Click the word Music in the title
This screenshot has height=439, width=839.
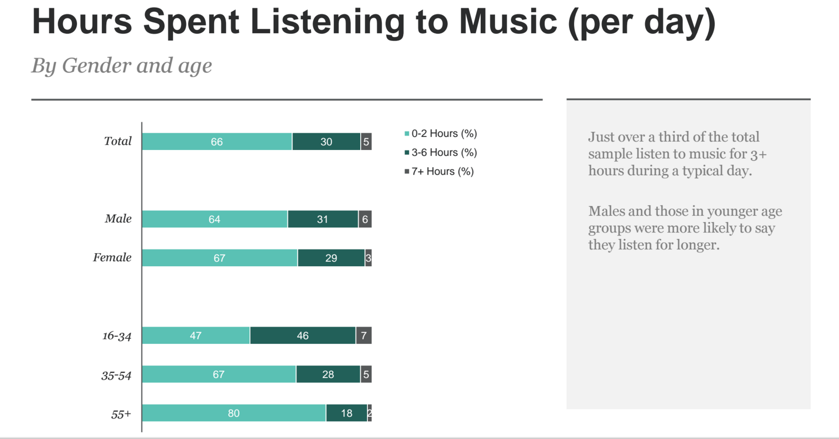tap(508, 22)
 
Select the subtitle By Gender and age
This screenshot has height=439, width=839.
tap(122, 66)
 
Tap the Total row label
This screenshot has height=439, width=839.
tap(118, 141)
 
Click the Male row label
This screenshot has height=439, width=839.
tap(118, 219)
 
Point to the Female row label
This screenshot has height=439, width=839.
tap(112, 258)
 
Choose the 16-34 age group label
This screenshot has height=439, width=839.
tap(117, 336)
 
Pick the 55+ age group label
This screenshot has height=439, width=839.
tap(121, 414)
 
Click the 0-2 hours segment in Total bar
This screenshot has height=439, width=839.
tap(217, 142)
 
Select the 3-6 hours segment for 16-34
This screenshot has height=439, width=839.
tap(303, 336)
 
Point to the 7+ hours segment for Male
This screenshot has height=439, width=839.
tap(365, 219)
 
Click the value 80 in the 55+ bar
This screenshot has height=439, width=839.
tap(234, 413)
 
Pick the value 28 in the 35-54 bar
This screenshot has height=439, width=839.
tap(328, 375)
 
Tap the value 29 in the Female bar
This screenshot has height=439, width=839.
tap(331, 258)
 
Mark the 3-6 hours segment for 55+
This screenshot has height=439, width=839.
tap(347, 413)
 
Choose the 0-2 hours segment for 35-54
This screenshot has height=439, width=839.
tap(219, 375)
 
